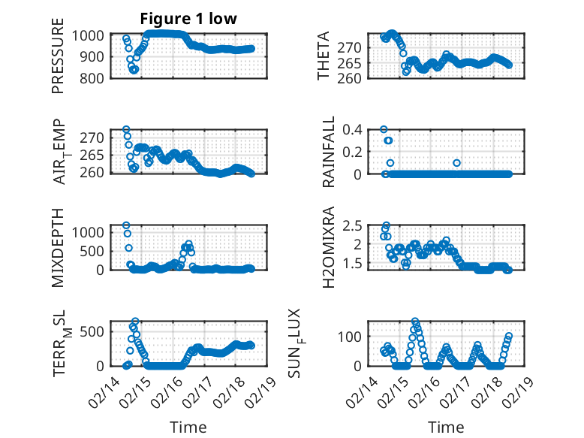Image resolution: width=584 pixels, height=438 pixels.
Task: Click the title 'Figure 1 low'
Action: (x=188, y=19)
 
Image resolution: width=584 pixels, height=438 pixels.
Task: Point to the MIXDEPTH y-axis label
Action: (x=58, y=248)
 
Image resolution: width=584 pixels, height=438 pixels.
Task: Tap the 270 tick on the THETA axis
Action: (x=355, y=47)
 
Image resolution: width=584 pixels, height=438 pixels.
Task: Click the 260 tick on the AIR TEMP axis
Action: (x=101, y=173)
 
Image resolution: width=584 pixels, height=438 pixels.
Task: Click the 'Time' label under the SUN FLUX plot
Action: (x=447, y=427)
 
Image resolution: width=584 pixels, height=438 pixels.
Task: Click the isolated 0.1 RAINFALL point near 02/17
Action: (x=456, y=162)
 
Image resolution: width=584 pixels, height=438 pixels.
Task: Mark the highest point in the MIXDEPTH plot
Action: (x=126, y=225)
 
